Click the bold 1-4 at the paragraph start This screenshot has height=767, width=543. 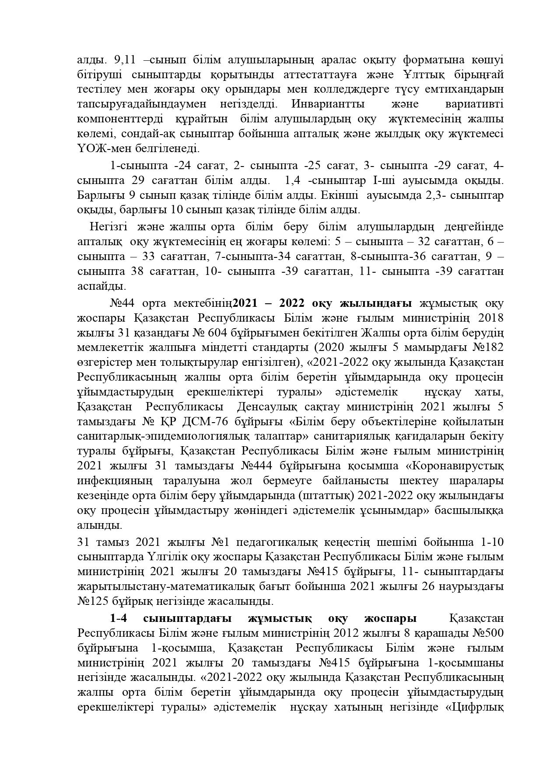point(118,619)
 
